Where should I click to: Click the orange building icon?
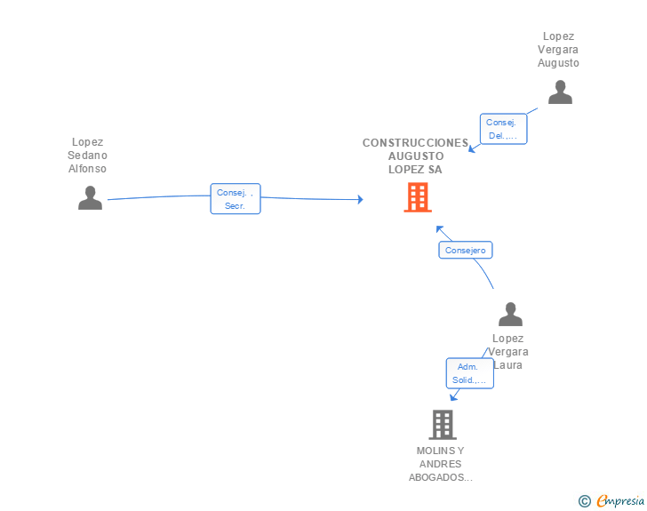tap(418, 197)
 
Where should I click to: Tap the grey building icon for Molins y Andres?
tap(442, 425)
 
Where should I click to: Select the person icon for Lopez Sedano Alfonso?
tap(90, 197)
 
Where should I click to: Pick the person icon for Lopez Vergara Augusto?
tap(560, 92)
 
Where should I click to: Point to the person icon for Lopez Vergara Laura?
tap(510, 315)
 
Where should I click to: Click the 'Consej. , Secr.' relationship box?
tap(236, 199)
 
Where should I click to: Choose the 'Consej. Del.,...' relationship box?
tap(503, 129)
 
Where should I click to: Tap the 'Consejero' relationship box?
tap(465, 251)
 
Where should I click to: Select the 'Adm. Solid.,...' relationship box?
tap(469, 373)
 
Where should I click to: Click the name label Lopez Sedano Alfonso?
tap(87, 155)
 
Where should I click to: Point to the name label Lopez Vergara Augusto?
tap(558, 50)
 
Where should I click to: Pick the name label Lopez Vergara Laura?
tap(507, 351)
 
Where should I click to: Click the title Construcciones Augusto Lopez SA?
tap(415, 156)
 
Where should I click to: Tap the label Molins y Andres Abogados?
tap(441, 464)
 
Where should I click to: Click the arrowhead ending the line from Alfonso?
tap(360, 199)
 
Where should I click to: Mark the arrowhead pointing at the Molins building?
tap(454, 397)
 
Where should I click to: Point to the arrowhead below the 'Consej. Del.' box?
tap(472, 149)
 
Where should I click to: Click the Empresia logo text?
tap(620, 500)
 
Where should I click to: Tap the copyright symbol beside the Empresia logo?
tap(585, 501)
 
